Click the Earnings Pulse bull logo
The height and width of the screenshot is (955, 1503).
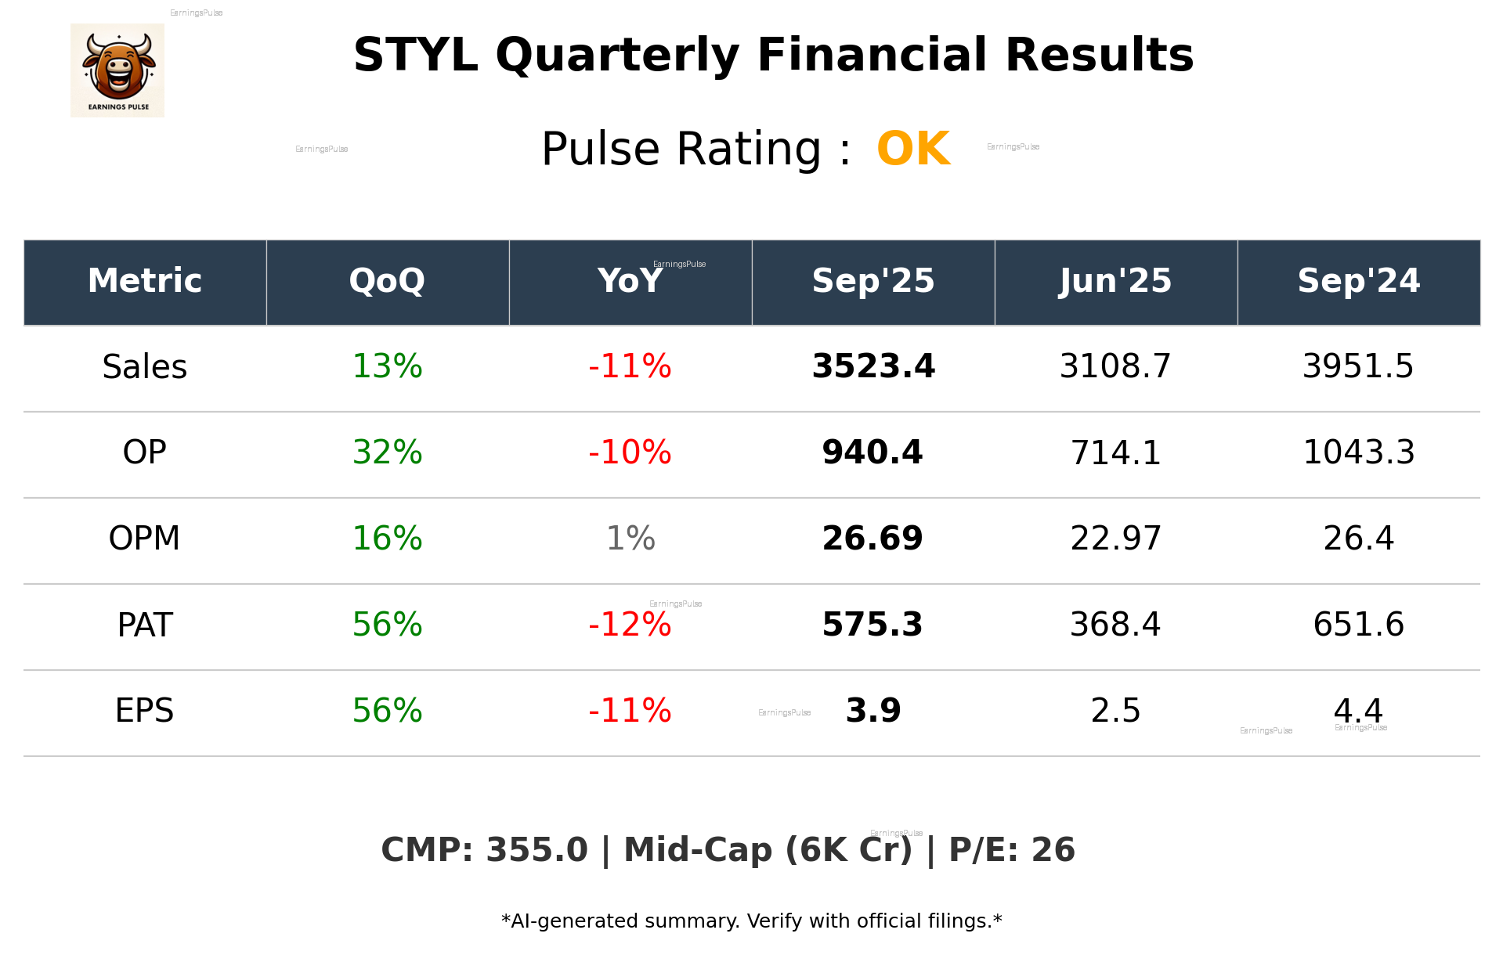[117, 70]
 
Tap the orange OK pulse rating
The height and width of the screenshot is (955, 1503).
[913, 149]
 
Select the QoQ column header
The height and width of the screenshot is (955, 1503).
[387, 281]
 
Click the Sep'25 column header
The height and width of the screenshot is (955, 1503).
[873, 281]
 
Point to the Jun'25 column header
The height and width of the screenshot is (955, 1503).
[1115, 281]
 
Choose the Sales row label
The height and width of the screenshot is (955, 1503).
[145, 367]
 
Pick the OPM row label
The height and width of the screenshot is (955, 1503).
[145, 539]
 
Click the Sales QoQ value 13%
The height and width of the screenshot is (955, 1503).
[387, 367]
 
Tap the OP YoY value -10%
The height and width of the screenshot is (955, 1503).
[630, 452]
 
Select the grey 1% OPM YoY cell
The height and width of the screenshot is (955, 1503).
[630, 539]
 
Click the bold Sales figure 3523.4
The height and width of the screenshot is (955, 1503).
[873, 367]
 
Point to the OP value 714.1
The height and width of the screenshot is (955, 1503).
[1115, 453]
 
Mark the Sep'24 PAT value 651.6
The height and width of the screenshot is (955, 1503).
[1358, 625]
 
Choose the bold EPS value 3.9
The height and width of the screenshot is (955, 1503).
[873, 711]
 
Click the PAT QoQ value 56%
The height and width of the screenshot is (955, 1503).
[387, 625]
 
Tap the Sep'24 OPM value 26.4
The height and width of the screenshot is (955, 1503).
[1358, 539]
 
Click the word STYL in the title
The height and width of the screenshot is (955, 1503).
[415, 56]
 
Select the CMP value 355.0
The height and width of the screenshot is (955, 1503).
[537, 850]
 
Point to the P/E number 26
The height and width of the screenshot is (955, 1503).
[1053, 850]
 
